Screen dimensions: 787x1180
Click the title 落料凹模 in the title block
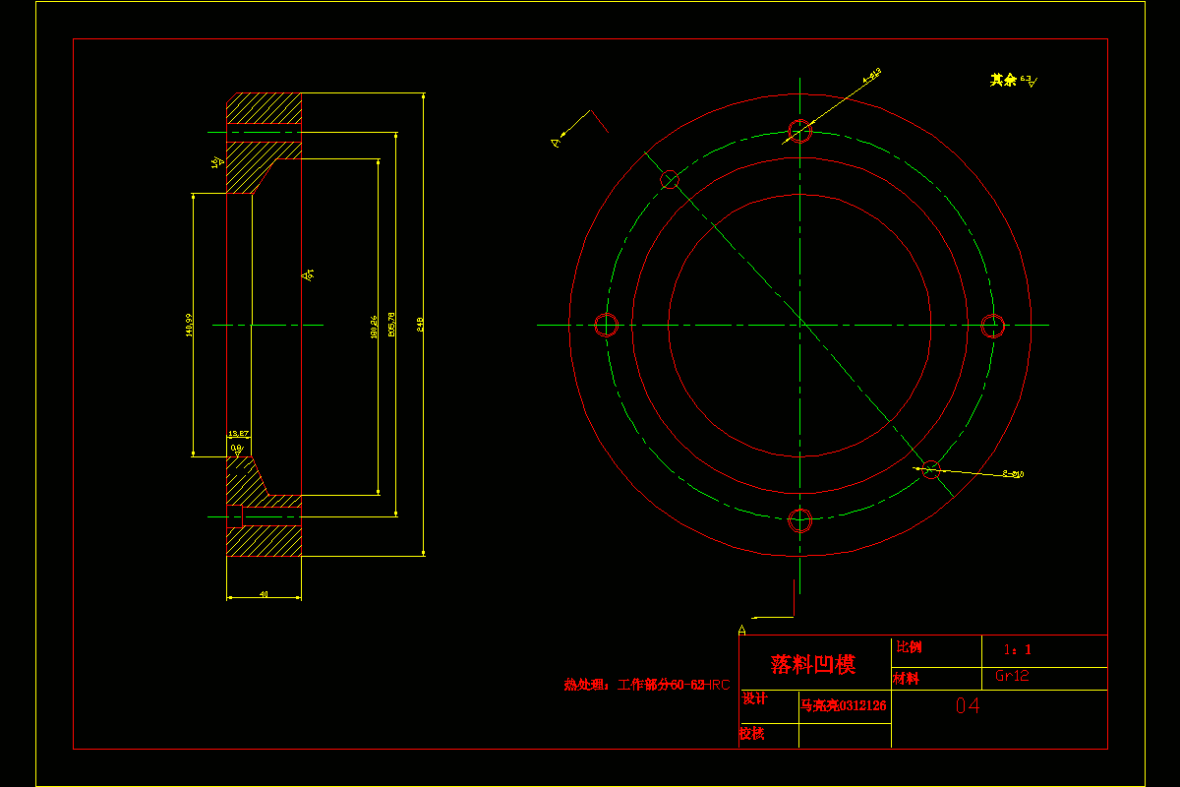pyautogui.click(x=813, y=664)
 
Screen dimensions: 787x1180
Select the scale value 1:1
pyautogui.click(x=1017, y=649)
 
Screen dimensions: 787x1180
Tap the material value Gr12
pyautogui.click(x=1012, y=676)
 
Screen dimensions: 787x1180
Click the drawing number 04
pyautogui.click(x=968, y=705)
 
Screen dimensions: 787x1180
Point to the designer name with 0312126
pyautogui.click(x=844, y=705)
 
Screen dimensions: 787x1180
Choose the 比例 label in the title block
pyautogui.click(x=910, y=647)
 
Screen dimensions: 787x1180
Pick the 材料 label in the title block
pyautogui.click(x=906, y=678)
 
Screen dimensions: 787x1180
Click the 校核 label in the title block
pyautogui.click(x=751, y=733)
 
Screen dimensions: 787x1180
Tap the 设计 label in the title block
pyautogui.click(x=754, y=698)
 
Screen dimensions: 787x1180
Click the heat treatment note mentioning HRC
pyautogui.click(x=646, y=685)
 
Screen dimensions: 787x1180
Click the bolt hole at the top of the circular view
pyautogui.click(x=800, y=131)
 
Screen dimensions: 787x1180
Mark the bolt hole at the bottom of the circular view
pyautogui.click(x=800, y=519)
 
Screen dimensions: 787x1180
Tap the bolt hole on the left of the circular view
pyautogui.click(x=606, y=325)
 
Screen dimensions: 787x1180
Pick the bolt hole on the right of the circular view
pyautogui.click(x=994, y=325)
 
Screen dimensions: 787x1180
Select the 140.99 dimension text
pyautogui.click(x=189, y=324)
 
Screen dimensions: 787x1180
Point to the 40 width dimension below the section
pyautogui.click(x=264, y=594)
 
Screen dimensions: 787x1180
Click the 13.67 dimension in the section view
pyautogui.click(x=238, y=433)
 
